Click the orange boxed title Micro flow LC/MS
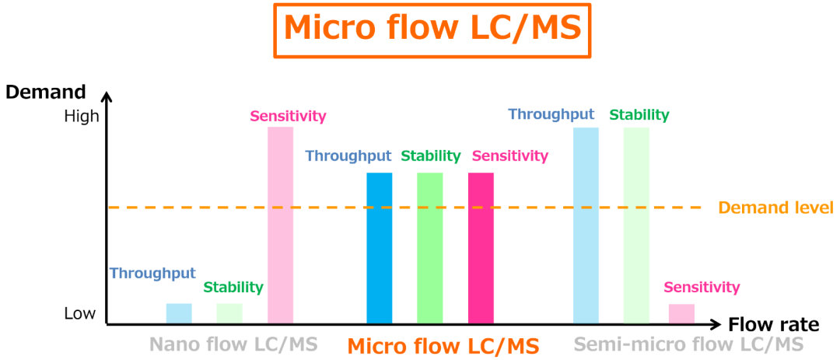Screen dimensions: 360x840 (x=432, y=29)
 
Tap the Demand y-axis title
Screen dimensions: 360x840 (x=45, y=92)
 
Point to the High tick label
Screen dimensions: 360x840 (x=81, y=116)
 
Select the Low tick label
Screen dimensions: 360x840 (x=80, y=313)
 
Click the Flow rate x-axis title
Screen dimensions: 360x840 (x=773, y=324)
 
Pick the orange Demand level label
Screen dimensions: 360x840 (x=775, y=208)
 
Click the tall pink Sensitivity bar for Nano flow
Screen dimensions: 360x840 (x=280, y=225)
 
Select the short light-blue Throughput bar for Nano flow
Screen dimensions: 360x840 (x=179, y=313)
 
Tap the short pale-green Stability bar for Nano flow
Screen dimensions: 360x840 (x=229, y=313)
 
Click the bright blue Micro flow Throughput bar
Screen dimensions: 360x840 (x=380, y=247)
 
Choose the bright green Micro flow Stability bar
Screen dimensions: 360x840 (x=429, y=247)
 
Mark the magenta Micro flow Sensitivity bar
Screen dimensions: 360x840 (x=481, y=247)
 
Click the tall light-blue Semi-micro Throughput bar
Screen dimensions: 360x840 (x=586, y=225)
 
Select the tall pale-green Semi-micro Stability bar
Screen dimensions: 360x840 (x=636, y=225)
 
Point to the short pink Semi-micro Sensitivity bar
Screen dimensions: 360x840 (x=681, y=313)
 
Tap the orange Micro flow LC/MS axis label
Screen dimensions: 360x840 (x=443, y=345)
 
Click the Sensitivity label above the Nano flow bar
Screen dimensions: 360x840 (x=288, y=116)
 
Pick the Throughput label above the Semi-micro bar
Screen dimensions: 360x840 (x=551, y=114)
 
